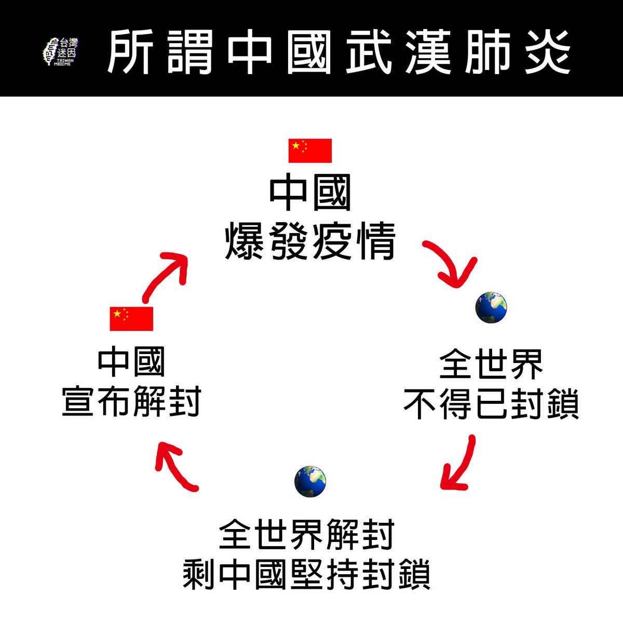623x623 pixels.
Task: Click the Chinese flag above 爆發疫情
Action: (x=310, y=151)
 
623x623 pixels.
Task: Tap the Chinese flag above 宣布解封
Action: (x=131, y=318)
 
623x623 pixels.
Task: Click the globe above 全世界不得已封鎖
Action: (x=491, y=307)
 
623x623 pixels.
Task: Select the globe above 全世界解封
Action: (x=310, y=481)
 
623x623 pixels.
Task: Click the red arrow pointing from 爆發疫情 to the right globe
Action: (x=451, y=265)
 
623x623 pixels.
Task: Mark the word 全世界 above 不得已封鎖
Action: (x=491, y=364)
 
